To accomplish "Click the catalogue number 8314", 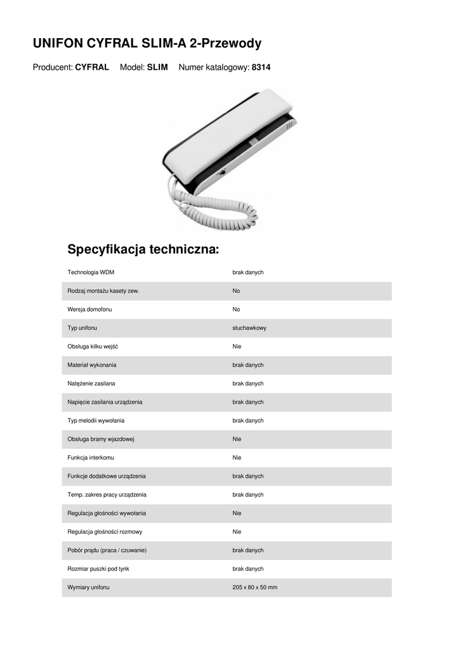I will click(x=261, y=67).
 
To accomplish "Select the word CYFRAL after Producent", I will click(x=92, y=67).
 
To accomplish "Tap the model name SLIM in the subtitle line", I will click(x=157, y=67).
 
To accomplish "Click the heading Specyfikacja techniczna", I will click(x=143, y=249).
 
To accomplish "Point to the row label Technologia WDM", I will click(x=91, y=272).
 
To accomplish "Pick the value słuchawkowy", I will click(x=249, y=328).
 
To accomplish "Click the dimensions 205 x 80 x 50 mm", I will click(x=254, y=588).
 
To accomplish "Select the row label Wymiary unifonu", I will click(x=88, y=588).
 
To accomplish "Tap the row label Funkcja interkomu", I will click(x=91, y=458).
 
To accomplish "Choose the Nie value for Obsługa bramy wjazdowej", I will click(x=237, y=439).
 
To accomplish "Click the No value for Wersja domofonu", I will click(x=236, y=310).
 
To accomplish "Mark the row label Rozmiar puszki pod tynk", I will click(x=98, y=569).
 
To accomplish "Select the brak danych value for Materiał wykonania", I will click(x=247, y=365).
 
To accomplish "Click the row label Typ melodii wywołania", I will click(x=96, y=421).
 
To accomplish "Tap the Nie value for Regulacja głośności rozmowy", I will click(x=237, y=532).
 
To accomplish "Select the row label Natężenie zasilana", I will click(x=91, y=383).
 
